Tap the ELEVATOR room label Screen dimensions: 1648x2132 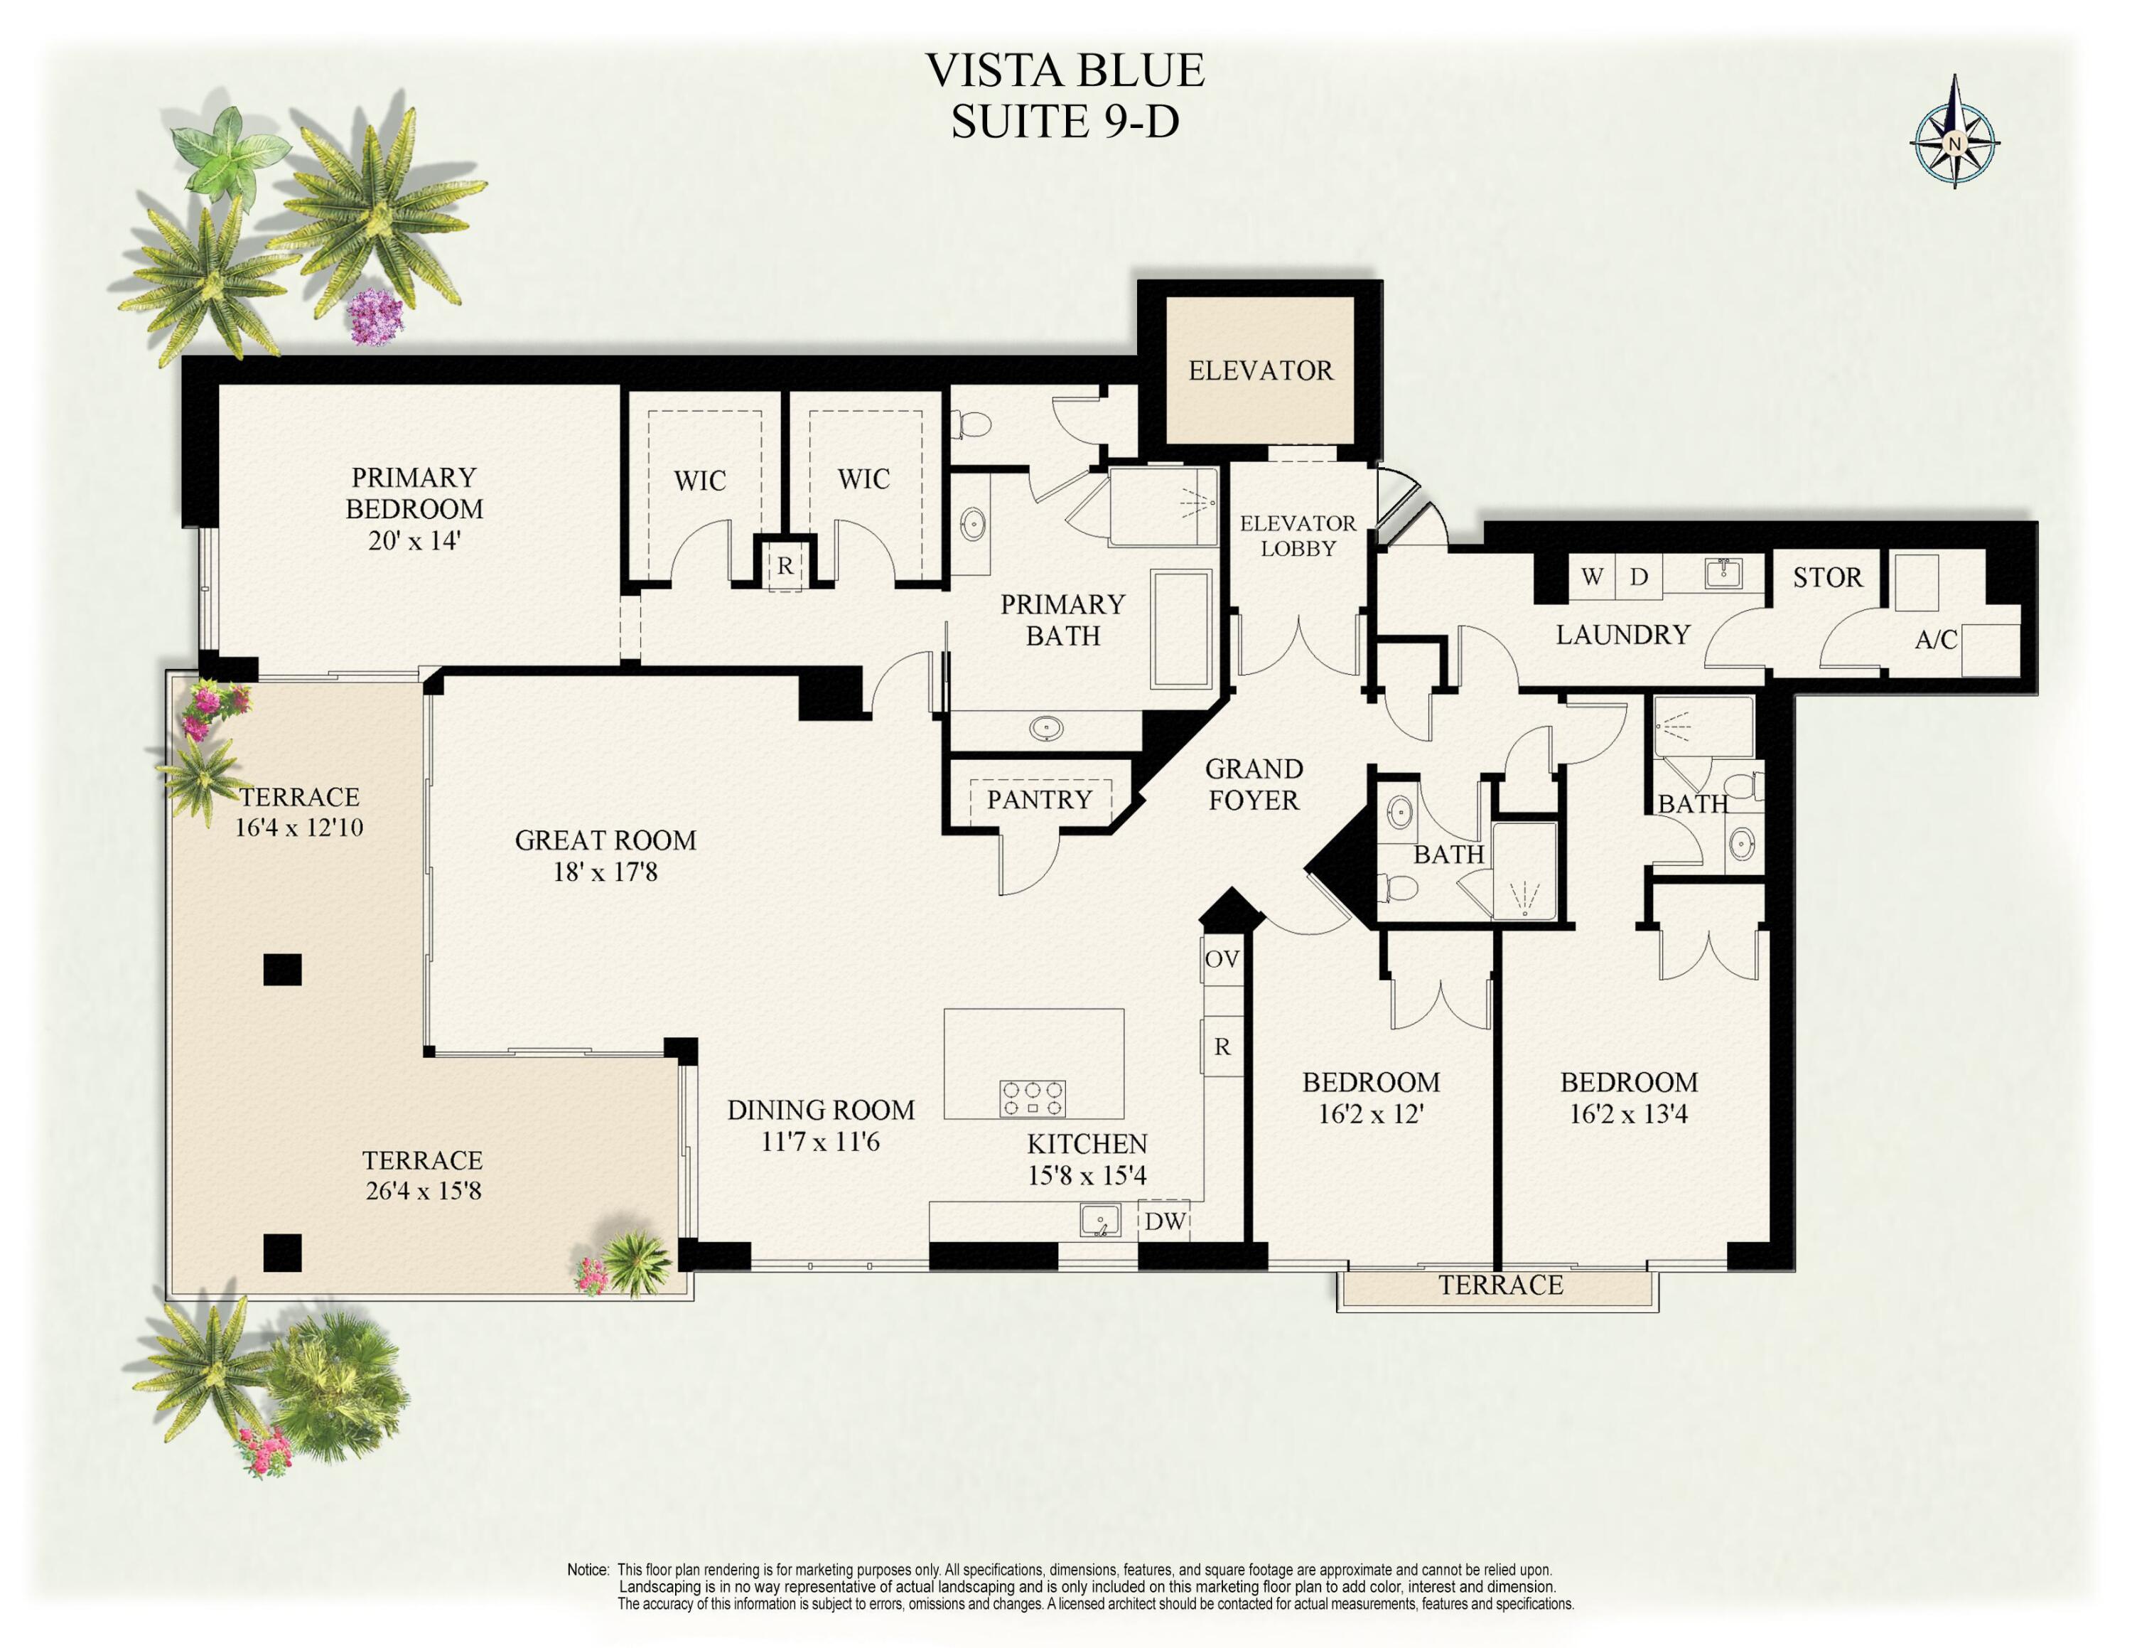tap(1259, 371)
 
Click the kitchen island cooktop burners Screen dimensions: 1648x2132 tap(1032, 1098)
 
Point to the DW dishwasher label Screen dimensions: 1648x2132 tap(1165, 1221)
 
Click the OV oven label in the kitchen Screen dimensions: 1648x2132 tap(1221, 959)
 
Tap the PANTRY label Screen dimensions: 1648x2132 tap(1039, 801)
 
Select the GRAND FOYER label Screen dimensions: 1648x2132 tap(1254, 785)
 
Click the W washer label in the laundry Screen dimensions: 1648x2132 tap(1591, 577)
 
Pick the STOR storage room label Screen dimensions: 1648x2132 tap(1827, 578)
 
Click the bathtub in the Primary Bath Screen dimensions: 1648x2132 tap(1181, 630)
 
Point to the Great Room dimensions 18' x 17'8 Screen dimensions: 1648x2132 tap(605, 872)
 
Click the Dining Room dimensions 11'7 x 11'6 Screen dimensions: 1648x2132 tap(820, 1141)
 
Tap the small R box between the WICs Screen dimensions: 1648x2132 tap(785, 566)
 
